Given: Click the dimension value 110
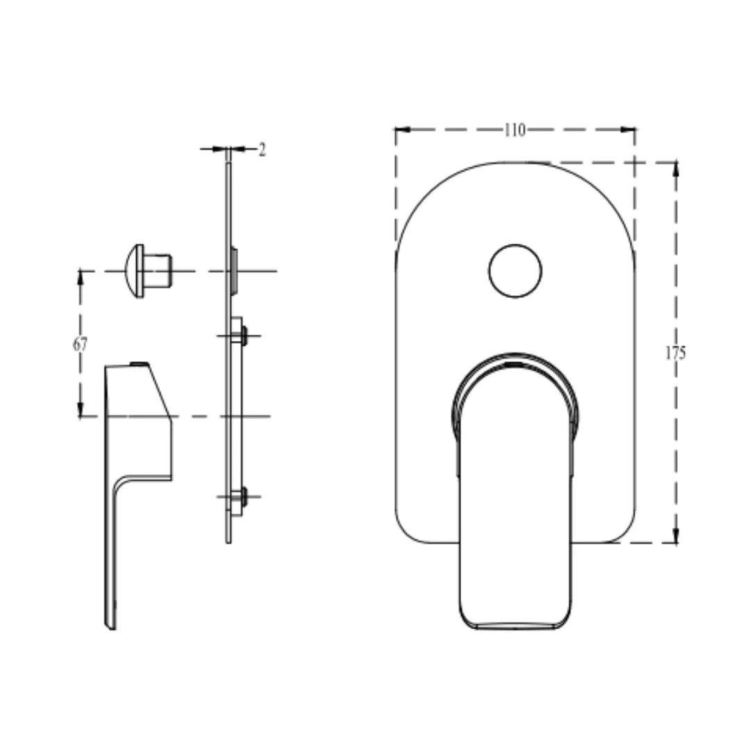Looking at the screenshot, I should pyautogui.click(x=515, y=130).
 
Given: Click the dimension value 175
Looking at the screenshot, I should pyautogui.click(x=675, y=353).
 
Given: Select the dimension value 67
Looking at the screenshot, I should pyautogui.click(x=81, y=344).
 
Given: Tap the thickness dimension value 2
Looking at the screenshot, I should pyautogui.click(x=262, y=149).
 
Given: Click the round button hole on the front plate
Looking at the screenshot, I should pyautogui.click(x=515, y=271).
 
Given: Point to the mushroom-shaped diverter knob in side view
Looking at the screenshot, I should pyautogui.click(x=147, y=271).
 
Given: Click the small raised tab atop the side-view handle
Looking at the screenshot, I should pyautogui.click(x=139, y=363).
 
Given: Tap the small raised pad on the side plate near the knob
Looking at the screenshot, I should pyautogui.click(x=234, y=269).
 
